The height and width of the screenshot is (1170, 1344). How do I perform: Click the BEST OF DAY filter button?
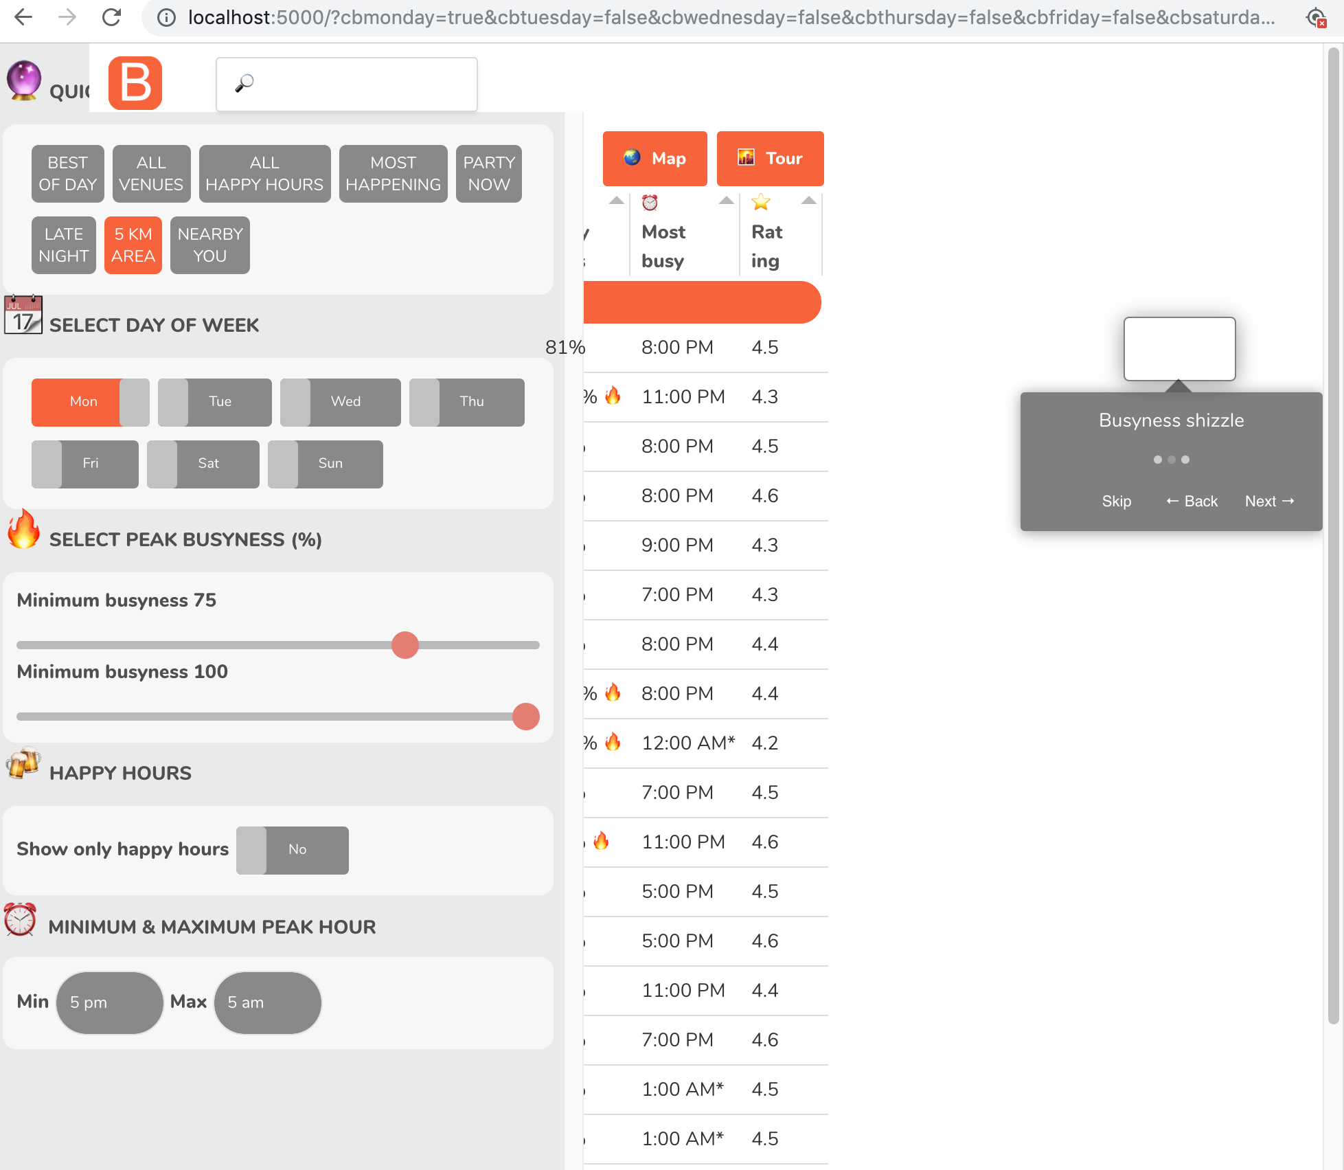[x=67, y=174]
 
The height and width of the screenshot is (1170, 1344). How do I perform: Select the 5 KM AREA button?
[x=133, y=245]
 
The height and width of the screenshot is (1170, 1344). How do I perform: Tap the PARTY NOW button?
[x=488, y=174]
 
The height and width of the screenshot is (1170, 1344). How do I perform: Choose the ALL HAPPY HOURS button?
[x=264, y=174]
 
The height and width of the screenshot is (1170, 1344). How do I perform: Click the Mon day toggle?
[x=90, y=402]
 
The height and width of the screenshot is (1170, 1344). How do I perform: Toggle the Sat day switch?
[x=203, y=464]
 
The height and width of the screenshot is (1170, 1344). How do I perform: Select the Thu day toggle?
[x=466, y=402]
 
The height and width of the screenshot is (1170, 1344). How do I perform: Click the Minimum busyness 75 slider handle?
[x=405, y=645]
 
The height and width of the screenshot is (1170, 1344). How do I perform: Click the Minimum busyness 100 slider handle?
[x=526, y=717]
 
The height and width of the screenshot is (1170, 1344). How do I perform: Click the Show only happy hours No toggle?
[x=292, y=850]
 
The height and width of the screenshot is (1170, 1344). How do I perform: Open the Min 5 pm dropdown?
[x=109, y=1002]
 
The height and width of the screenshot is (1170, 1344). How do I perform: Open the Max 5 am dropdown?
[x=267, y=1002]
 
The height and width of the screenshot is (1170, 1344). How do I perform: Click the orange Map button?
[x=654, y=159]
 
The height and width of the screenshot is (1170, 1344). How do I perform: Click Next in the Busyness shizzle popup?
[x=1269, y=502]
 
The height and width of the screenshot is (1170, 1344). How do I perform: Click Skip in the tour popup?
[x=1116, y=502]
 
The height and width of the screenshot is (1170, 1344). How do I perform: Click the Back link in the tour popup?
[x=1192, y=502]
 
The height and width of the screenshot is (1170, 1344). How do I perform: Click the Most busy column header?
[x=663, y=246]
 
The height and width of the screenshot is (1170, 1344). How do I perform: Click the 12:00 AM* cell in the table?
[x=687, y=743]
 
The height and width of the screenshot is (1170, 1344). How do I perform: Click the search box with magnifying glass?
[x=346, y=85]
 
